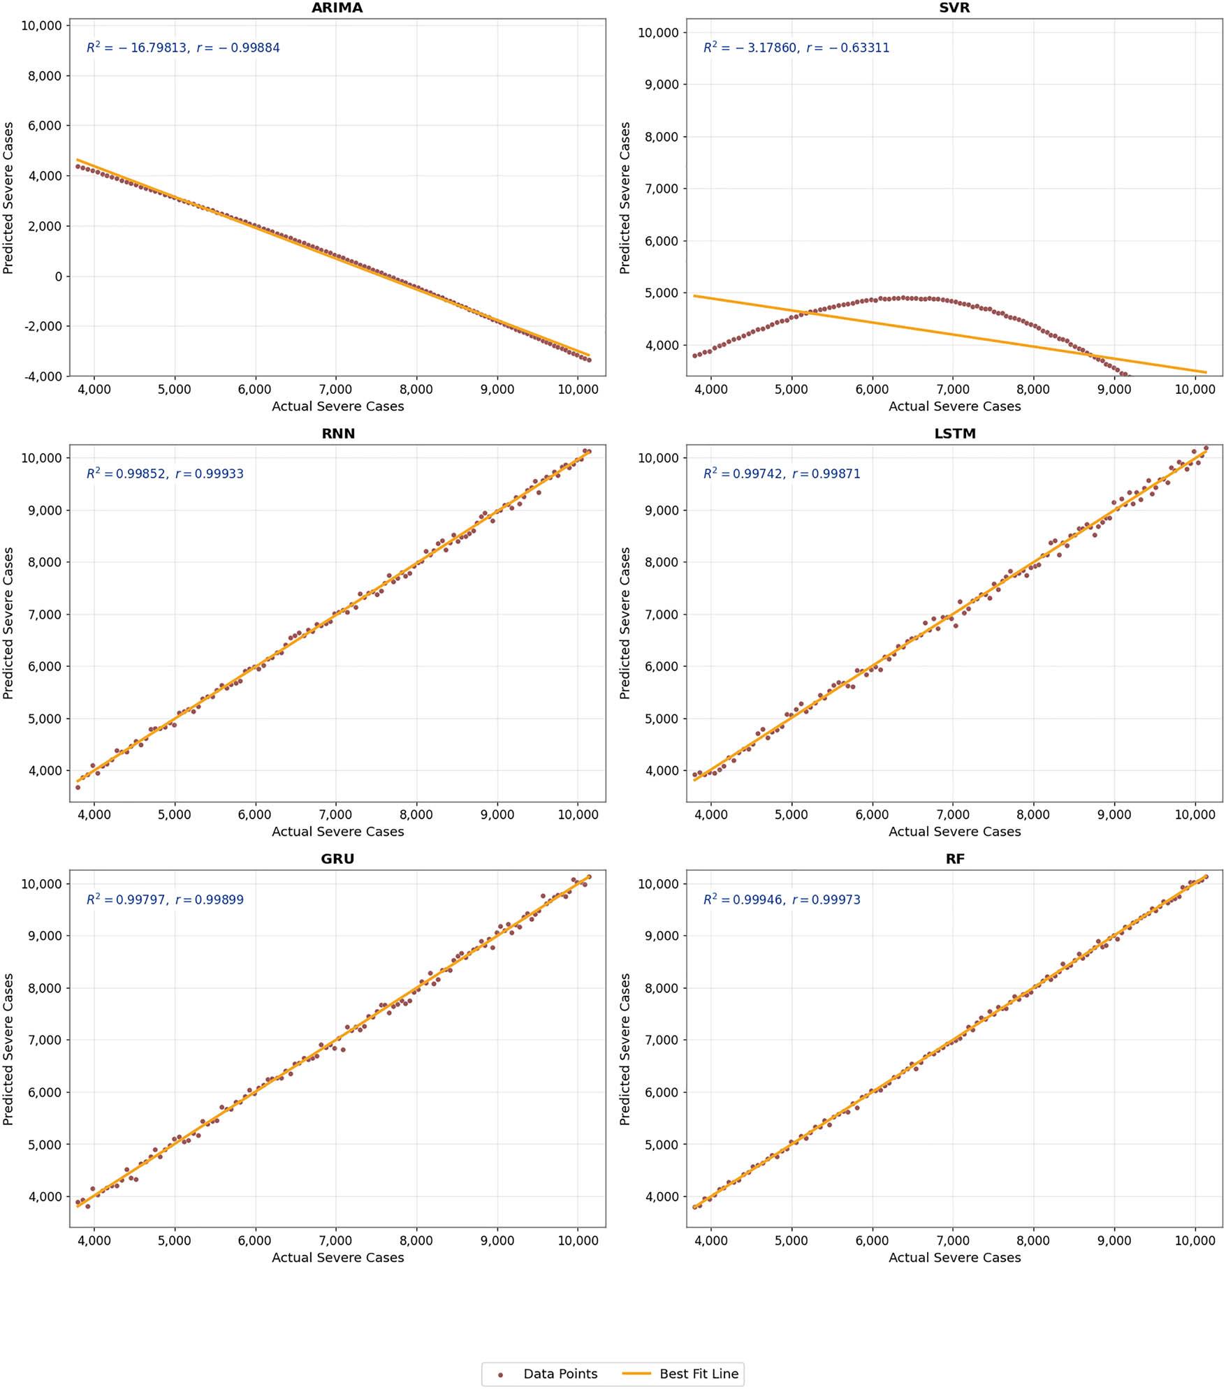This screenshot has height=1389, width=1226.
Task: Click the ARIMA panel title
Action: [x=337, y=8]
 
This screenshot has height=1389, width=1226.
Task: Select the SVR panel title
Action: [x=954, y=8]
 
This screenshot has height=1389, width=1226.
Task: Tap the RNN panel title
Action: [x=338, y=434]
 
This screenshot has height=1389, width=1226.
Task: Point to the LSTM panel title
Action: [x=954, y=434]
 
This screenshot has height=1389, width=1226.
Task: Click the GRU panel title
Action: [x=337, y=859]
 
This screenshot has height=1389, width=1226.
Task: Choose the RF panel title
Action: [x=954, y=859]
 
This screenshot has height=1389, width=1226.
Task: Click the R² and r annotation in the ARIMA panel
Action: [x=183, y=47]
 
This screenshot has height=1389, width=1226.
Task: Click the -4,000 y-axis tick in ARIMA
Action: [x=43, y=376]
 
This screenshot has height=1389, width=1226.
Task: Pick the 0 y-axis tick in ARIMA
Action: [x=58, y=277]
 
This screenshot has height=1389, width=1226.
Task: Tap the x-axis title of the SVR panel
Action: [x=954, y=406]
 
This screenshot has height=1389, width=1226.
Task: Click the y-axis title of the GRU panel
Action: [x=8, y=1049]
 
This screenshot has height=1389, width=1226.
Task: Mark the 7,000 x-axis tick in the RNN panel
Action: [x=335, y=815]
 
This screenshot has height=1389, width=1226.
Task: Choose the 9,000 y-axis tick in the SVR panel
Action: [x=660, y=84]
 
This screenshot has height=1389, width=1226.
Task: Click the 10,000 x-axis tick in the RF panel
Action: [x=1195, y=1241]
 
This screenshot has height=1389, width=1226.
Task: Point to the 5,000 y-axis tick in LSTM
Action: [x=660, y=719]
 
